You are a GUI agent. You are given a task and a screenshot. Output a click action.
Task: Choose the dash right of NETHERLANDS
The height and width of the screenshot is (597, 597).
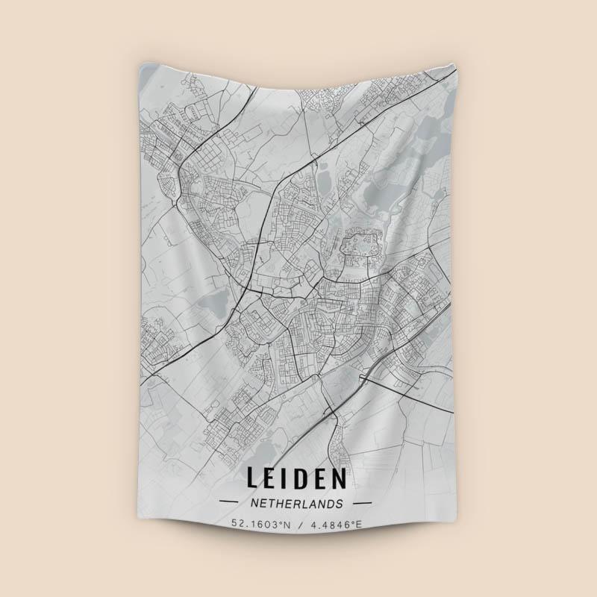(363, 503)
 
